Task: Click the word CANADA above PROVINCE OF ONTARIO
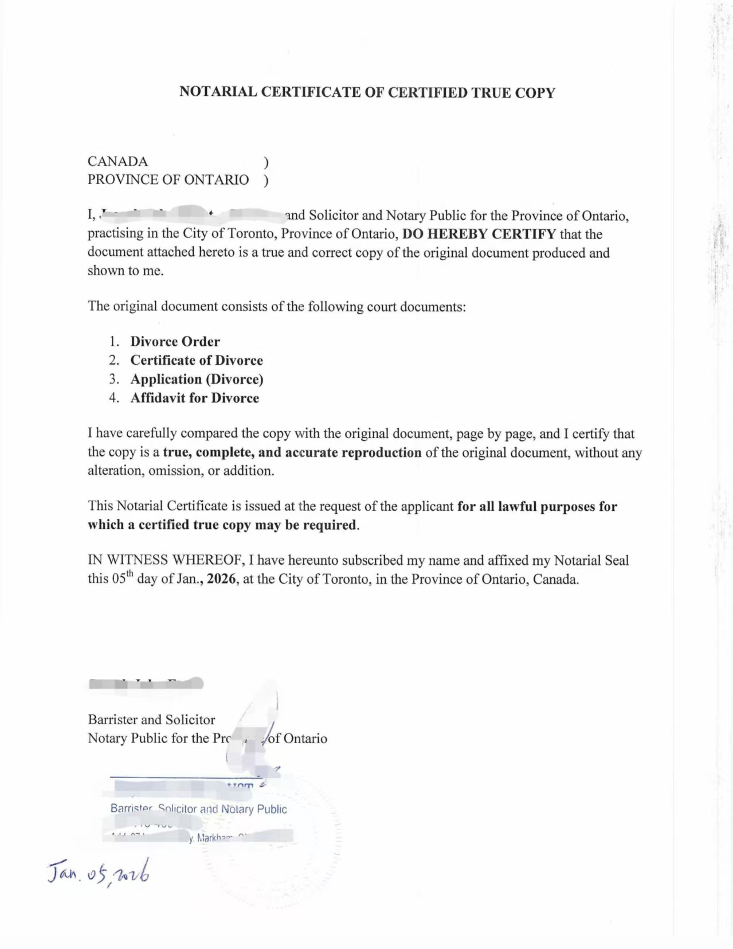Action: (117, 161)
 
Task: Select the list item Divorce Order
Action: (175, 342)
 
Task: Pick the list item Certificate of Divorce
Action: (197, 361)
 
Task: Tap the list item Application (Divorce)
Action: (197, 380)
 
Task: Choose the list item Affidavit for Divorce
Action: (194, 399)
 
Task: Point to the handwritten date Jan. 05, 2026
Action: (99, 872)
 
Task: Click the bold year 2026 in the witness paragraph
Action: (221, 579)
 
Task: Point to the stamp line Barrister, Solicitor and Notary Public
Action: (198, 809)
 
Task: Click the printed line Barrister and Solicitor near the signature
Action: (151, 720)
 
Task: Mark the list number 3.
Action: (113, 380)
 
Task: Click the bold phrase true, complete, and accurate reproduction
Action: (292, 452)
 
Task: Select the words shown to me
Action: (125, 271)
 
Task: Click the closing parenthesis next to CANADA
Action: (265, 162)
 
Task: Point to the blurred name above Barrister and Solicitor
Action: (146, 683)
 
